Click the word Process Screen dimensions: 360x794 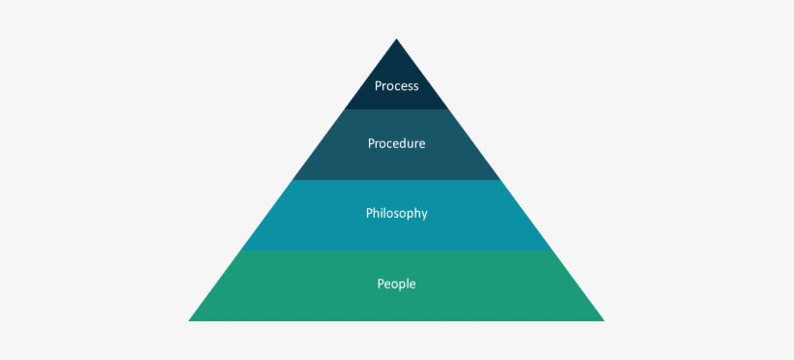click(396, 86)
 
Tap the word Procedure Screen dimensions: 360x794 click(396, 144)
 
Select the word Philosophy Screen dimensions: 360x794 click(396, 214)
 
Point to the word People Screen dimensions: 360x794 click(396, 285)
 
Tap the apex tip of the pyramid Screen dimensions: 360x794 click(396, 41)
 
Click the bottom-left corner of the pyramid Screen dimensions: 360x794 click(191, 319)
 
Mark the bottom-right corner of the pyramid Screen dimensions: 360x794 click(602, 319)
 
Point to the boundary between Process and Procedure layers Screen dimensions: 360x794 click(396, 109)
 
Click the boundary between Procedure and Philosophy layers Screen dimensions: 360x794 click(396, 180)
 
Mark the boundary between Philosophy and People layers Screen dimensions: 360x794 click(396, 251)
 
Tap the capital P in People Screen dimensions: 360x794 click(381, 285)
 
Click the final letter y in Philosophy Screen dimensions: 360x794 click(423, 215)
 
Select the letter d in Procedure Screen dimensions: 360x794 click(404, 144)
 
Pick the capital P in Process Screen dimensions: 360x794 click(378, 86)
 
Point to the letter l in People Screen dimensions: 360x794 click(410, 285)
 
